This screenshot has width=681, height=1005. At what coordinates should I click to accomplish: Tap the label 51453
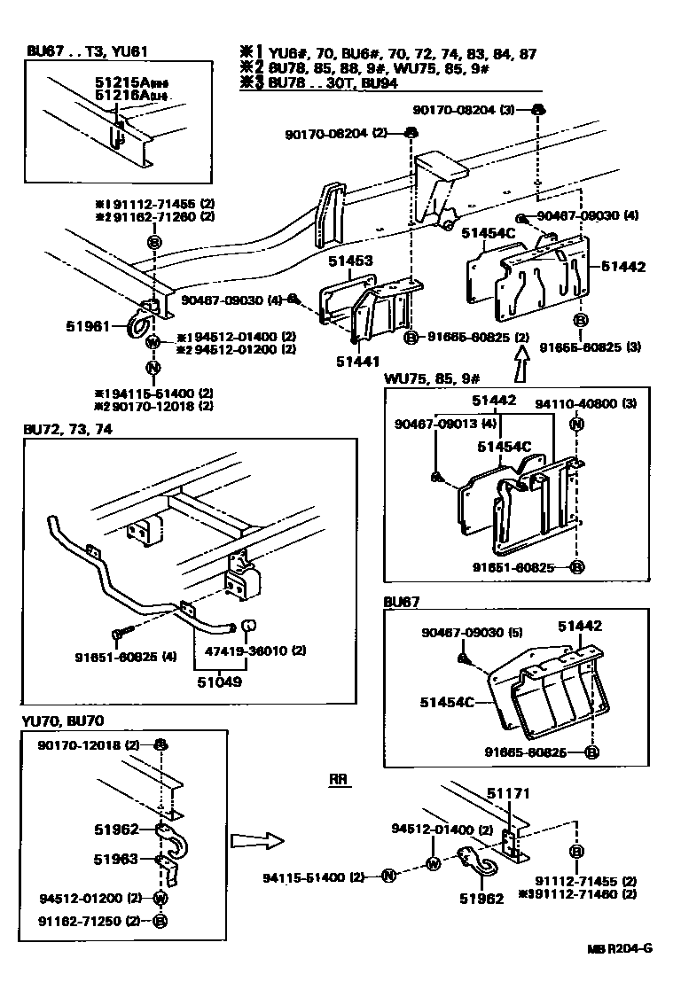point(350,261)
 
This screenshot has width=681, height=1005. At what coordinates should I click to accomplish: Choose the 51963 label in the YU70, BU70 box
point(117,858)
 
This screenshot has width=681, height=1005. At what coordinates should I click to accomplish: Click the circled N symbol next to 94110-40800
point(575,424)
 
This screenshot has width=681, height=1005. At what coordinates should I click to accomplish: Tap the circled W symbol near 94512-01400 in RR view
point(433,864)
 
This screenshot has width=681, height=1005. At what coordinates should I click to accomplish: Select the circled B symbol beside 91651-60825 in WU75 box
point(575,566)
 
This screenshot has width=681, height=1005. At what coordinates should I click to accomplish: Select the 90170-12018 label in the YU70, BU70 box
point(80,744)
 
